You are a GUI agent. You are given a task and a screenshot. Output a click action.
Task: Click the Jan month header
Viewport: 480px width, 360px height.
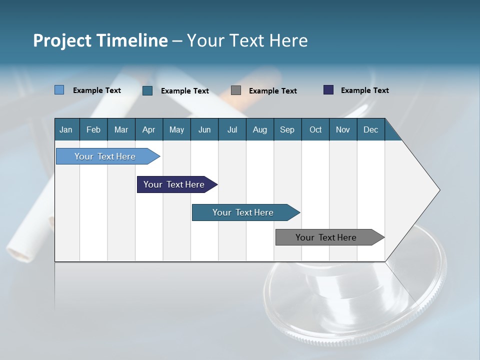(x=66, y=129)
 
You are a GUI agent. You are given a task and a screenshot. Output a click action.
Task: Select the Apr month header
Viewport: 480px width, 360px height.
(x=148, y=129)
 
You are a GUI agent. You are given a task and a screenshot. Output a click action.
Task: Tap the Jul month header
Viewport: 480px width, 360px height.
(x=232, y=129)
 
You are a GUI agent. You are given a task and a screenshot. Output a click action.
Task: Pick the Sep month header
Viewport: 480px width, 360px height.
(x=287, y=129)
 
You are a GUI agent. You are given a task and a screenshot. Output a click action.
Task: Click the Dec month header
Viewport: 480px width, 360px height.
(x=370, y=129)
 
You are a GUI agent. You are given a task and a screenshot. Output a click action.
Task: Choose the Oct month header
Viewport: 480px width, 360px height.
(x=315, y=129)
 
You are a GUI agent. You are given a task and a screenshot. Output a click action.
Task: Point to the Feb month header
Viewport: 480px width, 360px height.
(x=93, y=129)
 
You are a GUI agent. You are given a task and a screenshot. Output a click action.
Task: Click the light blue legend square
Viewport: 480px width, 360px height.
(x=59, y=90)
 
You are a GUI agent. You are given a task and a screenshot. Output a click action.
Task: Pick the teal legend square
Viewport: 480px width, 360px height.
(x=147, y=90)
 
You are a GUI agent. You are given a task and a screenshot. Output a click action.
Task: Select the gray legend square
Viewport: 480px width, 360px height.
(x=236, y=90)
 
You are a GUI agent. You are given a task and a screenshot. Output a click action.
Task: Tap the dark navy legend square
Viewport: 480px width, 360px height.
(x=328, y=90)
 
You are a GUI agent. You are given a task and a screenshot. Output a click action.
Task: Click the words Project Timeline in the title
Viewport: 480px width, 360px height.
(x=100, y=40)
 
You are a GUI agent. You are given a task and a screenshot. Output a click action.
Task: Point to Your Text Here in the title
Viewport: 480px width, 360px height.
(x=247, y=40)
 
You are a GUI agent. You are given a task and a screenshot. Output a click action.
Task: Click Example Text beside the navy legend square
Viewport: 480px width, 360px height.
(x=364, y=90)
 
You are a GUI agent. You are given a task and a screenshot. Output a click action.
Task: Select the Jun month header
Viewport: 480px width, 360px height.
(x=204, y=129)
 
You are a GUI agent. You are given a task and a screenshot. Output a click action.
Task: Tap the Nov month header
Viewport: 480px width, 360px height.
(x=342, y=129)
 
